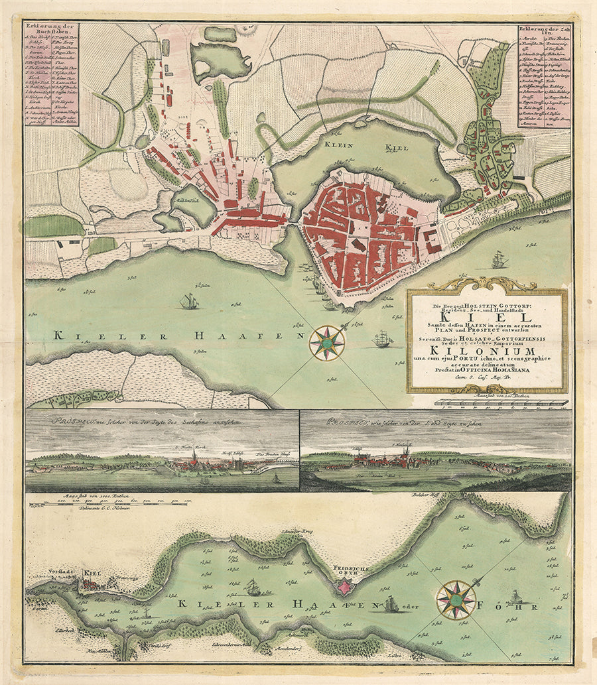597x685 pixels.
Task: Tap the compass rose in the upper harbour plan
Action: pyautogui.click(x=327, y=343)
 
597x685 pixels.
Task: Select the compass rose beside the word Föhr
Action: pyautogui.click(x=456, y=599)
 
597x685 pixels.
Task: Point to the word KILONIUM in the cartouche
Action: pyautogui.click(x=486, y=351)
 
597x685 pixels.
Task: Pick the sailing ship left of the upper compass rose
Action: pyautogui.click(x=189, y=302)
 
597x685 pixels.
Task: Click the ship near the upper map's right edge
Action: pyautogui.click(x=499, y=260)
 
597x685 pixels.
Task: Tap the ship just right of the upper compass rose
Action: pyautogui.click(x=383, y=340)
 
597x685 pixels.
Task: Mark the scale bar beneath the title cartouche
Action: pyautogui.click(x=501, y=402)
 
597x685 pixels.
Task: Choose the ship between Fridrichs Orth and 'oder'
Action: pyautogui.click(x=391, y=603)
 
